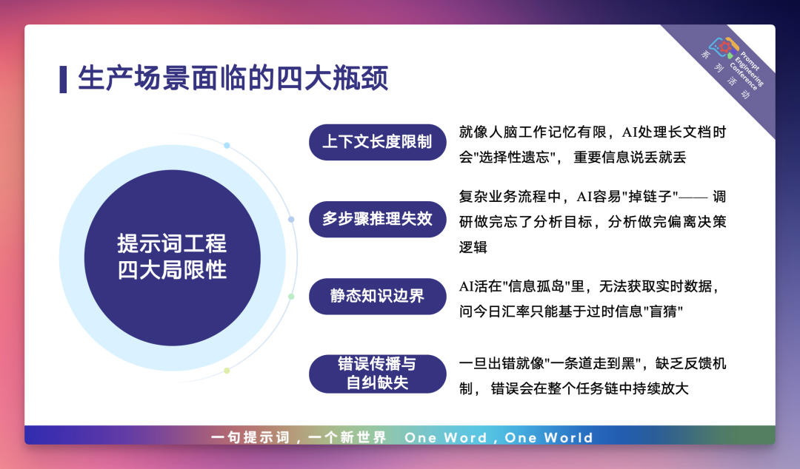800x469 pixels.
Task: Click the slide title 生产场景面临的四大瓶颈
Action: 233,78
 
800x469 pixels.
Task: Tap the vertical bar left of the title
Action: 63,80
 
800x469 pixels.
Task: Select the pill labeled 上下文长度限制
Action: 378,142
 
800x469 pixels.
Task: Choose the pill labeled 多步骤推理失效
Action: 378,219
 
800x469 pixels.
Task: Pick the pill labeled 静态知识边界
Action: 378,296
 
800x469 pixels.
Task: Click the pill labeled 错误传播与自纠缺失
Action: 378,373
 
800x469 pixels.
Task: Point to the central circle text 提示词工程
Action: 172,243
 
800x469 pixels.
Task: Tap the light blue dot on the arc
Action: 227,146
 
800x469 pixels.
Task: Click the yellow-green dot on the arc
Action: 227,371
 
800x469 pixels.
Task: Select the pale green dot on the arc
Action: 291,297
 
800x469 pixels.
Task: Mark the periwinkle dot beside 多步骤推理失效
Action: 291,220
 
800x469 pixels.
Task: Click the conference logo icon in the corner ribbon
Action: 724,47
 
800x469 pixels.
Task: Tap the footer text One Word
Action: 445,437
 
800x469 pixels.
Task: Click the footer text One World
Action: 549,437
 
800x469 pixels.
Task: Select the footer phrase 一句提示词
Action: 250,437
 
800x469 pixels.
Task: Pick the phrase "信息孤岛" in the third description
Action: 536,286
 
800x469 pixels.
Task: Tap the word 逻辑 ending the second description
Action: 473,247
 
